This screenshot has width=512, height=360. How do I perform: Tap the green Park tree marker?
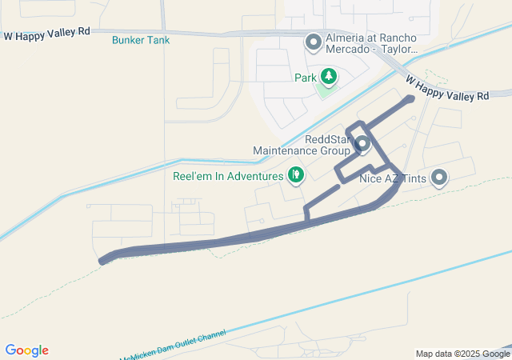[x=328, y=77]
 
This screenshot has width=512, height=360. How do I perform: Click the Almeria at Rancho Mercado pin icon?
[x=313, y=40]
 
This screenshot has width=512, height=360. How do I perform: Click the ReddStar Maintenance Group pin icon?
[x=362, y=145]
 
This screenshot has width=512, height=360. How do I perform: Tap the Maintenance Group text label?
[x=302, y=150]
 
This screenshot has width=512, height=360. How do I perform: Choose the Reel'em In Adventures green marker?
[x=296, y=174]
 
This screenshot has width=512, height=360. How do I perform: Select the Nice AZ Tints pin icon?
[x=438, y=178]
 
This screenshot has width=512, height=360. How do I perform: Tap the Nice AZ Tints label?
[x=392, y=178]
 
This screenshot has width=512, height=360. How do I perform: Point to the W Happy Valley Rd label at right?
[x=447, y=89]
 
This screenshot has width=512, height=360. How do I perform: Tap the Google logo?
[x=26, y=350]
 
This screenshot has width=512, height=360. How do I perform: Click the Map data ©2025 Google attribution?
[x=462, y=354]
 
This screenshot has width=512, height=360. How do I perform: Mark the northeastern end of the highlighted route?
[x=410, y=98]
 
